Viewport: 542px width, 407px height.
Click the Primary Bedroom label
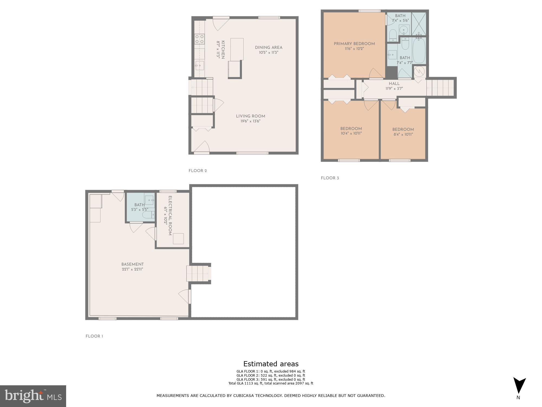354,44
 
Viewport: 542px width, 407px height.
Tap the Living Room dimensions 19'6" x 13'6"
250,121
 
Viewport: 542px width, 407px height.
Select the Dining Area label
268,47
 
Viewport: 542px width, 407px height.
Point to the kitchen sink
199,65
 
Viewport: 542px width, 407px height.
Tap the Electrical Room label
170,216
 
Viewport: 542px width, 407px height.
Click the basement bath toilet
148,215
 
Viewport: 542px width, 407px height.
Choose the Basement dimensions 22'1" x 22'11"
132,269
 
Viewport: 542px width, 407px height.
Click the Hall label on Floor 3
394,84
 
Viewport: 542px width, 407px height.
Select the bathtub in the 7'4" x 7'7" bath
419,50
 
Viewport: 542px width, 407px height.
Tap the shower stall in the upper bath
419,24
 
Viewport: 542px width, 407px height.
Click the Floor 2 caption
198,171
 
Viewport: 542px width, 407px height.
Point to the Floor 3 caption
330,178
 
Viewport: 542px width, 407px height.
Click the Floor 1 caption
94,336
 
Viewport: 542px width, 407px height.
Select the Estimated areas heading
271,364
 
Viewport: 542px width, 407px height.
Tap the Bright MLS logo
33,396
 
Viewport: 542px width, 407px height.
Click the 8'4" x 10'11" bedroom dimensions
403,134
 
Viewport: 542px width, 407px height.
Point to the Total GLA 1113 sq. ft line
270,383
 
